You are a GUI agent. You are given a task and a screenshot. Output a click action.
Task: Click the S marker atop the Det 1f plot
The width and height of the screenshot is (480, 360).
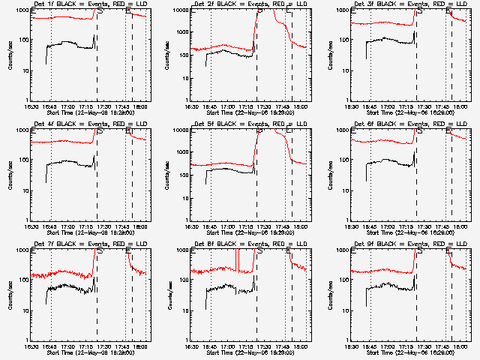coord(100,10)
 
